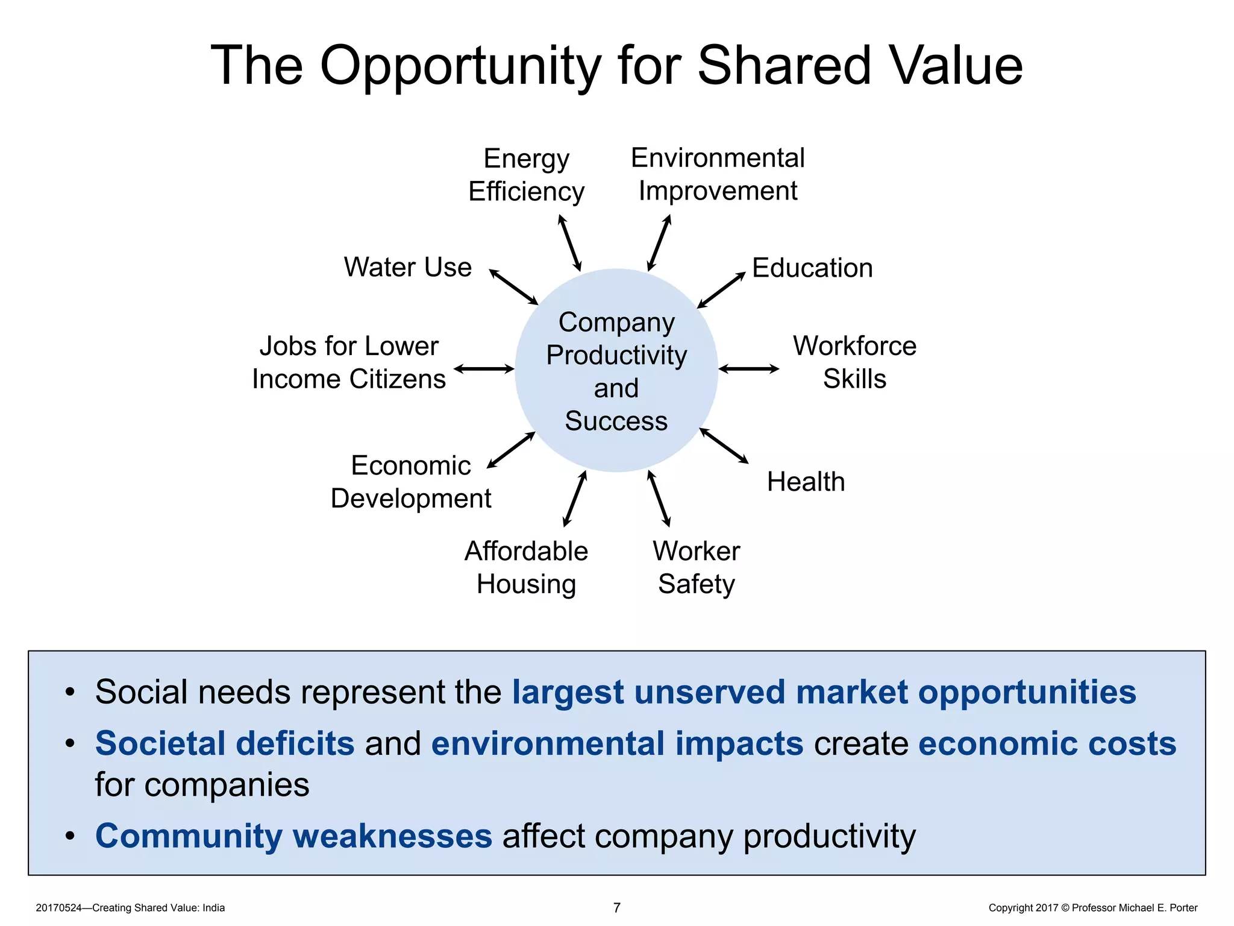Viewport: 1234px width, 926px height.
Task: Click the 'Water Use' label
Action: tap(407, 267)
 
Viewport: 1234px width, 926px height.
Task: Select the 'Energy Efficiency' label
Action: tap(526, 175)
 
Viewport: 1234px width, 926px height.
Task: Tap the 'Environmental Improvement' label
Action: tap(717, 174)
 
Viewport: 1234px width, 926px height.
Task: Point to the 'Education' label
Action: tap(812, 268)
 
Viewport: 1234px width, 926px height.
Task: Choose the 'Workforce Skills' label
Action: tap(854, 362)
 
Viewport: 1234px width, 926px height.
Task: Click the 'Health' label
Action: tap(806, 482)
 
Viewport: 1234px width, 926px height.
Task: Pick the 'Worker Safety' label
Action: tap(696, 567)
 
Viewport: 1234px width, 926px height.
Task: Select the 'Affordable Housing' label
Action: tap(526, 567)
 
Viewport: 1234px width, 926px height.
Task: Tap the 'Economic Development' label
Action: tap(411, 482)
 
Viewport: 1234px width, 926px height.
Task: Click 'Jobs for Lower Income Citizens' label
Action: tap(349, 362)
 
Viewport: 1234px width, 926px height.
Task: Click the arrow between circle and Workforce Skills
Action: tap(748, 369)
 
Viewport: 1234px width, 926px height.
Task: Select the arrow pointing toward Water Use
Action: tap(513, 287)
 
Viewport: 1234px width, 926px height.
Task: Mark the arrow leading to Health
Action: tap(724, 446)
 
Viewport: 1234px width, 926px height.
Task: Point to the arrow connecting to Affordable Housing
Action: tap(574, 499)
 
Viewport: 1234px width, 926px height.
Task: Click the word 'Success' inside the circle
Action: tap(616, 421)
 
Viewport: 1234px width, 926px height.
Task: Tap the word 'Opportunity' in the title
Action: tap(460, 66)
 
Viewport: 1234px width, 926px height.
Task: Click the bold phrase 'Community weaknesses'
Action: tap(293, 836)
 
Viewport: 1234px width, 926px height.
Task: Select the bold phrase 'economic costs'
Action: tap(1047, 743)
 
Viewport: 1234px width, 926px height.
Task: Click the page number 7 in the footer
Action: tap(616, 907)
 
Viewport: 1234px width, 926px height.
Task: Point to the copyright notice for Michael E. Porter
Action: tap(1092, 908)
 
